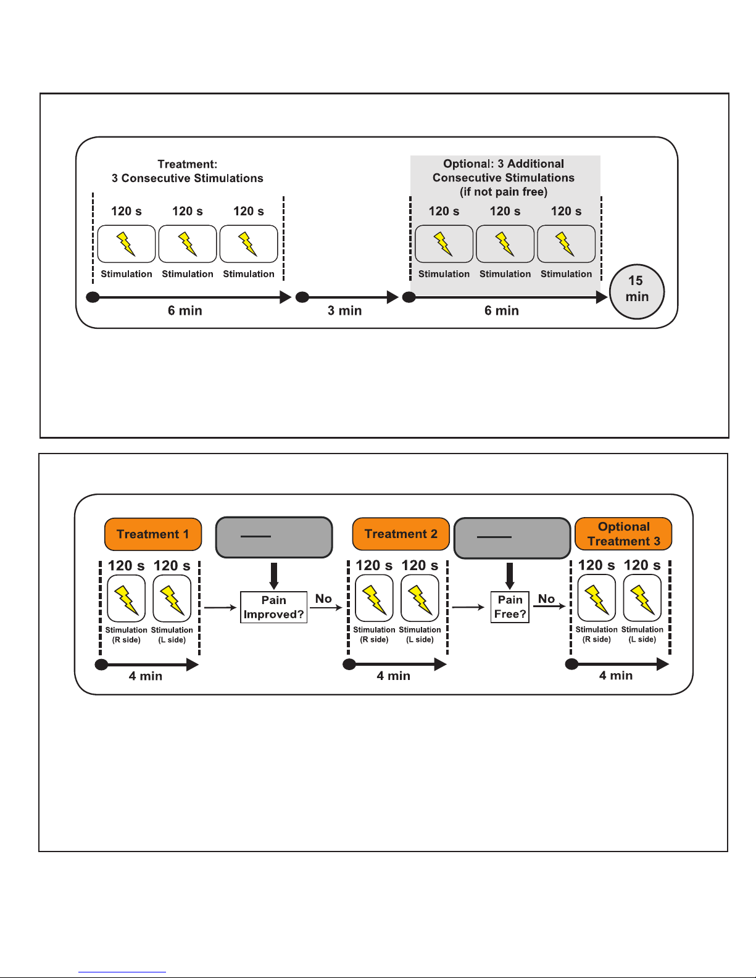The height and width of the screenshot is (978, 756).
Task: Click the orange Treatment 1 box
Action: (153, 534)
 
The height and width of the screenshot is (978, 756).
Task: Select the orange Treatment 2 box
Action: (401, 534)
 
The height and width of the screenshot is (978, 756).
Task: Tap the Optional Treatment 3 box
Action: (624, 534)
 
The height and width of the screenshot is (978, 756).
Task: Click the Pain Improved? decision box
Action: (273, 607)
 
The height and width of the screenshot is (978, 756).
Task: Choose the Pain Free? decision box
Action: (510, 607)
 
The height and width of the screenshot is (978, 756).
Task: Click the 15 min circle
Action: (637, 292)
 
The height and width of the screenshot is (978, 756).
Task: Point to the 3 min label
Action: (345, 310)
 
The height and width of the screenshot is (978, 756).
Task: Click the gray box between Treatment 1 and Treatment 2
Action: (274, 537)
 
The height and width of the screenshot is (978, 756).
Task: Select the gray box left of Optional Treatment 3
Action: (513, 538)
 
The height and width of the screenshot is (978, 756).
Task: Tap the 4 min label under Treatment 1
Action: (146, 676)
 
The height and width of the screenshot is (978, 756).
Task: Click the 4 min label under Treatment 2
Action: (393, 676)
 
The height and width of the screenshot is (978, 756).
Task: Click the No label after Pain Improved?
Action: (323, 599)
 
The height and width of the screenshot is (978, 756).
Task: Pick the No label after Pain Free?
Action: (546, 599)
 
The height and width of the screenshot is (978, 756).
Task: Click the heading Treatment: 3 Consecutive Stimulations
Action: (187, 171)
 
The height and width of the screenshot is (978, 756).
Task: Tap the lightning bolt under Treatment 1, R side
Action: (127, 600)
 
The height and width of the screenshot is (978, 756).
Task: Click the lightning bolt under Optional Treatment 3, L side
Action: (642, 600)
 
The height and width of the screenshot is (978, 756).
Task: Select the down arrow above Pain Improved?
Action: (273, 576)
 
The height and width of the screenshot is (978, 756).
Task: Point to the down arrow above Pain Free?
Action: (510, 576)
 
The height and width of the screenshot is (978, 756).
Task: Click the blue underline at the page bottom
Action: (122, 972)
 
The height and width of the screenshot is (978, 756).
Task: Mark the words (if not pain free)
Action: (504, 192)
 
